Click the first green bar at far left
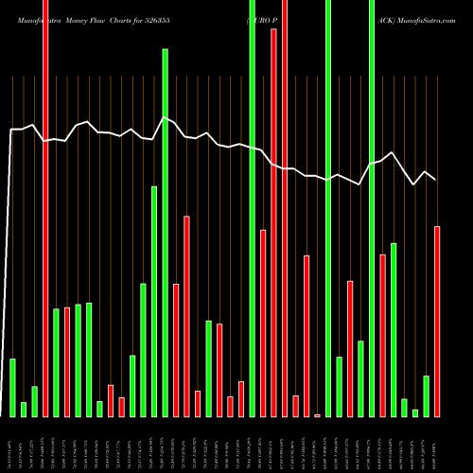pos(12,387)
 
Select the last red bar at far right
pos(437,321)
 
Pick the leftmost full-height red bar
pos(45,208)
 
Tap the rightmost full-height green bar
pos(372,208)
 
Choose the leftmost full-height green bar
pos(253,208)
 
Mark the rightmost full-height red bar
pos(285,208)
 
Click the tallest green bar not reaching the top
pos(165,232)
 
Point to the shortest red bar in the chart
pos(318,414)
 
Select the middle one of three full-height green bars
pos(328,208)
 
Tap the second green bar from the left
pos(24,409)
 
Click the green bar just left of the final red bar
pos(427,395)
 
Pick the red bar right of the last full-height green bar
pos(383,335)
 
